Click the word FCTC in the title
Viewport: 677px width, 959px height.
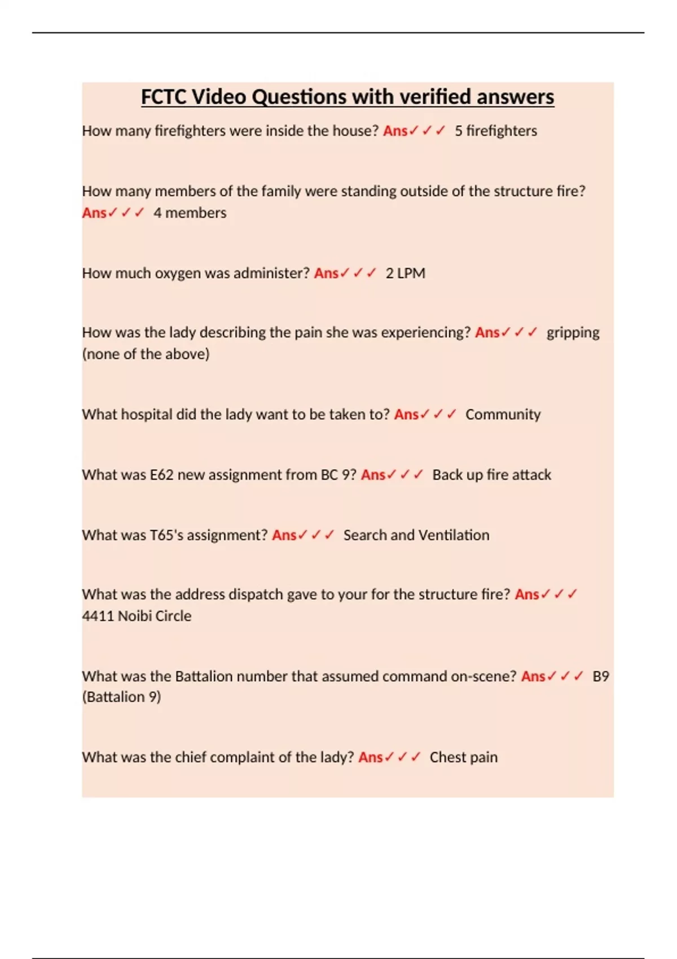point(164,97)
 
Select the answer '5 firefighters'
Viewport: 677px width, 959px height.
point(495,131)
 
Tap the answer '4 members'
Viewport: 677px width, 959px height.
point(190,213)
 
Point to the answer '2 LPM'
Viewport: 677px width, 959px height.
point(405,274)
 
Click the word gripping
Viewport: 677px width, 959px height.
point(573,333)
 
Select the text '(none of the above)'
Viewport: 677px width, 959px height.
point(146,354)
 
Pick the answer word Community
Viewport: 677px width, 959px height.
point(503,415)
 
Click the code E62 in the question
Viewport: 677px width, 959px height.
point(161,475)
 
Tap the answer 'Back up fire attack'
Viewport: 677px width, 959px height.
point(491,475)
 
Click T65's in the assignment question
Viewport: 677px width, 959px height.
point(166,535)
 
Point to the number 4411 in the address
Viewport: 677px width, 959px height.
point(98,616)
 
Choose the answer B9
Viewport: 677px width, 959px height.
point(600,676)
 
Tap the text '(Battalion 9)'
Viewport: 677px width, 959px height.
point(121,697)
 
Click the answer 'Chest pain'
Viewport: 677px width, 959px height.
point(463,758)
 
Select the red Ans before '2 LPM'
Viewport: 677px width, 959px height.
point(326,274)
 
